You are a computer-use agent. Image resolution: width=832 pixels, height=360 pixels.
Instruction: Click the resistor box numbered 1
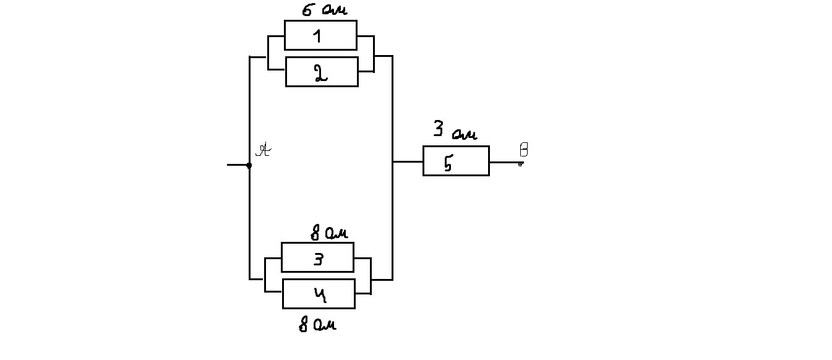[320, 35]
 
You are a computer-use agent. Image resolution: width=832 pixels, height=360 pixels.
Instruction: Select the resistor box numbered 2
[322, 72]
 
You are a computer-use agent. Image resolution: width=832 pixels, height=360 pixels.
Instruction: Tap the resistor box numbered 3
[317, 257]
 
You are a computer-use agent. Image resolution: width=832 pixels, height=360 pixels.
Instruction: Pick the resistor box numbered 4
[319, 294]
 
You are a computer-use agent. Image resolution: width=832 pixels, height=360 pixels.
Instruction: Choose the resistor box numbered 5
[456, 161]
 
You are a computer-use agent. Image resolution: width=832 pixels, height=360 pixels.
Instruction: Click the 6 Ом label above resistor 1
[324, 11]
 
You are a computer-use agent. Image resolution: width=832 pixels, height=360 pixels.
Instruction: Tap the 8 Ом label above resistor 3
[328, 233]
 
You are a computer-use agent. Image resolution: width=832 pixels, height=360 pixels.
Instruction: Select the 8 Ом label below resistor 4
[318, 325]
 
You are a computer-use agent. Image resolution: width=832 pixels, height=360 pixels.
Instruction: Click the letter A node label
[264, 150]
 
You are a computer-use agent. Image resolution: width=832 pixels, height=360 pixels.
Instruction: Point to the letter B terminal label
[523, 150]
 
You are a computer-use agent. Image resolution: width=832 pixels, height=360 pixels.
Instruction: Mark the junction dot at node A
[249, 165]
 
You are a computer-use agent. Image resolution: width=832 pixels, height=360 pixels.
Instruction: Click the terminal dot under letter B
[520, 164]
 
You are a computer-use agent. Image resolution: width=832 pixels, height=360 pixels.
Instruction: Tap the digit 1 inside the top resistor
[317, 36]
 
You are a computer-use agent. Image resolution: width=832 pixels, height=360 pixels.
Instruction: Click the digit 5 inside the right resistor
[448, 163]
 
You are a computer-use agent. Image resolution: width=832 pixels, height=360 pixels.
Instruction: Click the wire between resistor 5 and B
[504, 162]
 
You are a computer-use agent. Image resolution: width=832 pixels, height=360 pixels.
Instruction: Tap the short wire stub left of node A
[238, 165]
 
